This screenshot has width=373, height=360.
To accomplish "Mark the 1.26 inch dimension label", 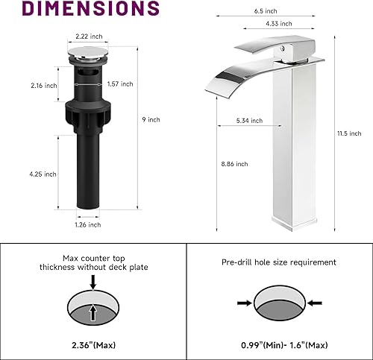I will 88,224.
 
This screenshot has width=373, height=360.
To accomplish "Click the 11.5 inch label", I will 344,133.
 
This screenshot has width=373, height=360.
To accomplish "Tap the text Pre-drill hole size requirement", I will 278,262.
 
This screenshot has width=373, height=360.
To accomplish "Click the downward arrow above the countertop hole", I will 93,282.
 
